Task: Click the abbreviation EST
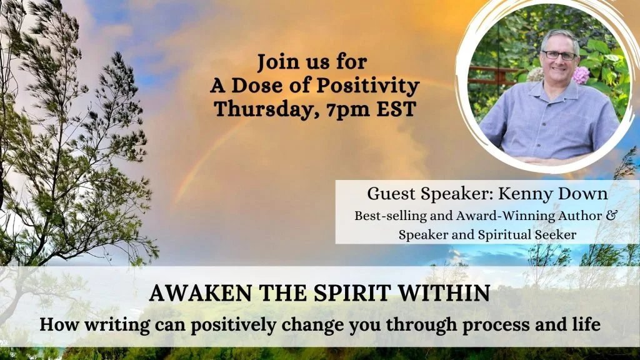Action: click(396, 109)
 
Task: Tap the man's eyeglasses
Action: click(559, 55)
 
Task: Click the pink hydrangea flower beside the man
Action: click(581, 75)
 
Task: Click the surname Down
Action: click(582, 194)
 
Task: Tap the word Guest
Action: click(391, 194)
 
